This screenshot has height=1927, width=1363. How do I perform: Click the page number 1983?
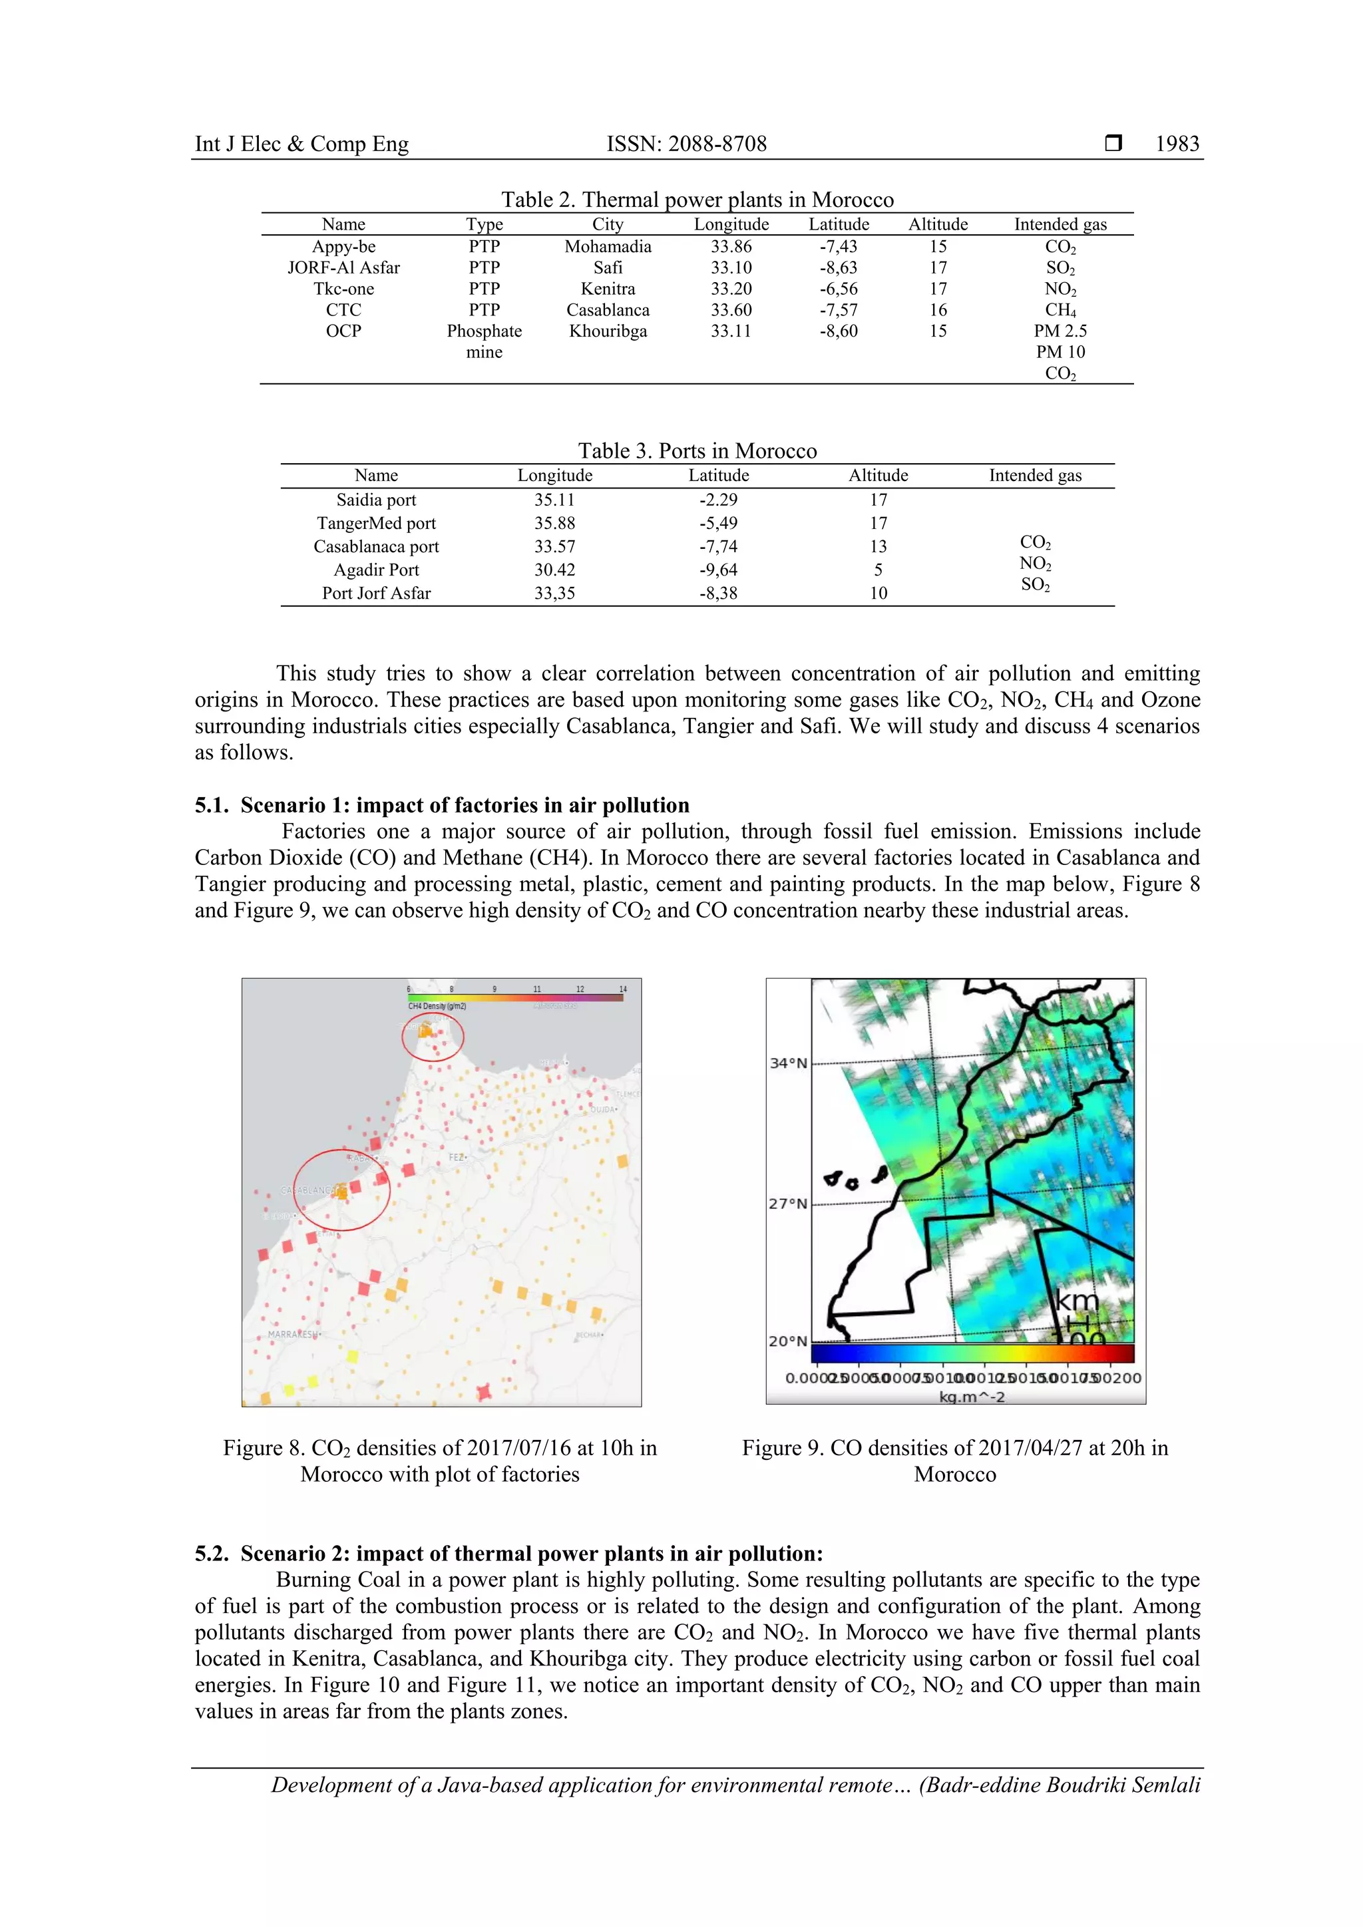pyautogui.click(x=1177, y=144)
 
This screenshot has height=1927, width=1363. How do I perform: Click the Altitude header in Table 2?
pyautogui.click(x=938, y=224)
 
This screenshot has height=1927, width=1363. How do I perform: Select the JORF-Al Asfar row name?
pyautogui.click(x=343, y=267)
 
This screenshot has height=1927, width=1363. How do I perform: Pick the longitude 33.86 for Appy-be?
pyautogui.click(x=731, y=247)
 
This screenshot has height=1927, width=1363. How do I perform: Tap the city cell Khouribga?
pyautogui.click(x=608, y=331)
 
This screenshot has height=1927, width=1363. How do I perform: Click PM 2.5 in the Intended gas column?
pyautogui.click(x=1060, y=331)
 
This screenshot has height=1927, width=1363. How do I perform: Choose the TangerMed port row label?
pyautogui.click(x=376, y=523)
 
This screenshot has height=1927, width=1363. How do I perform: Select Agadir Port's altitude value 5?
pyautogui.click(x=878, y=570)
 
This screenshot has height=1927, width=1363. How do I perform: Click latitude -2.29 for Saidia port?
pyautogui.click(x=718, y=499)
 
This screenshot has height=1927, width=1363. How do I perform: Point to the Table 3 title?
pyautogui.click(x=697, y=450)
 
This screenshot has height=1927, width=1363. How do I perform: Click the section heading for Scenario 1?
pyautogui.click(x=443, y=805)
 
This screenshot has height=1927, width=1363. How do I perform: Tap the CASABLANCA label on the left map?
pyautogui.click(x=307, y=1190)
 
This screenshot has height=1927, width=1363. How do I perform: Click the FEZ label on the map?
pyautogui.click(x=457, y=1157)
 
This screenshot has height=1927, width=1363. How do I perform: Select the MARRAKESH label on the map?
pyautogui.click(x=293, y=1333)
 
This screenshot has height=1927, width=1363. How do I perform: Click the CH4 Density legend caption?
pyautogui.click(x=437, y=1005)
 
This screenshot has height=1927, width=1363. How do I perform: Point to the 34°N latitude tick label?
pyautogui.click(x=788, y=1063)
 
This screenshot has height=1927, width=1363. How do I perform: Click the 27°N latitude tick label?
pyautogui.click(x=788, y=1204)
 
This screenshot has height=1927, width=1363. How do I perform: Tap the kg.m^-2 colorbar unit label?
pyautogui.click(x=971, y=1397)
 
